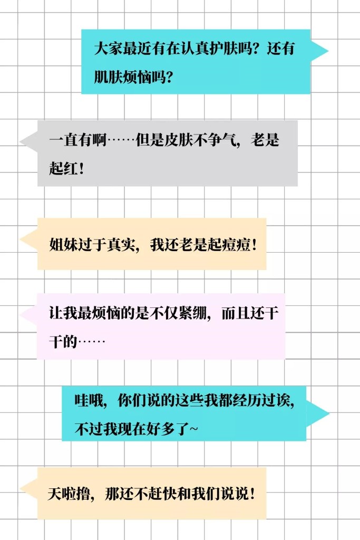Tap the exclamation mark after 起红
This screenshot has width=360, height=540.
click(81, 169)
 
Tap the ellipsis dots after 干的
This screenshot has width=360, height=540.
click(92, 342)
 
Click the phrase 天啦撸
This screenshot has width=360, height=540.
click(69, 494)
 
